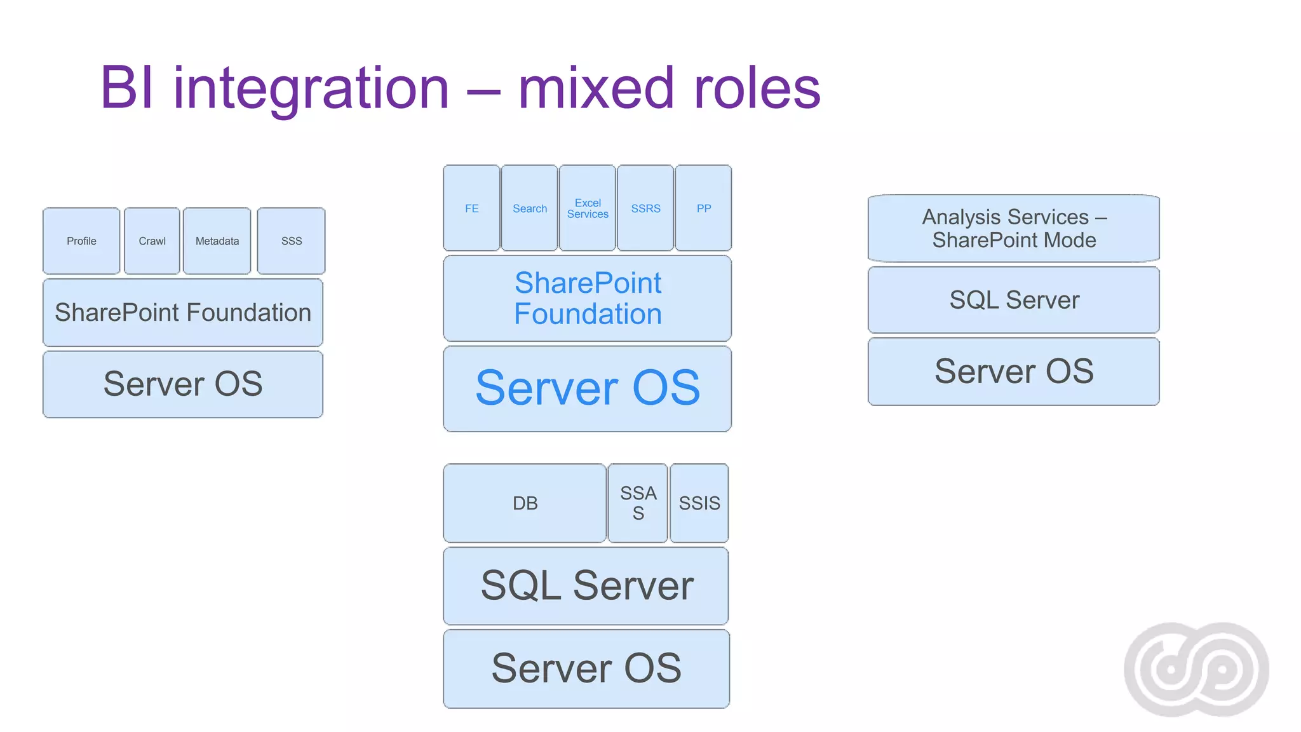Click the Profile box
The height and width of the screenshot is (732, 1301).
pyautogui.click(x=81, y=241)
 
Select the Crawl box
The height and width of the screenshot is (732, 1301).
pyautogui.click(x=152, y=241)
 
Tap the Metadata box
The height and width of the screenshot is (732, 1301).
pyautogui.click(x=217, y=241)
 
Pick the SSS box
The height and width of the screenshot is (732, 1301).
pyautogui.click(x=292, y=241)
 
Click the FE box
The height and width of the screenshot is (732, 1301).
pyautogui.click(x=471, y=208)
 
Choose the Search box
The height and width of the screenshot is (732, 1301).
pyautogui.click(x=530, y=208)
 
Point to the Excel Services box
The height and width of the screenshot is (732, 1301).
pyautogui.click(x=588, y=208)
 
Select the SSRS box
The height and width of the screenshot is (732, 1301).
pyautogui.click(x=645, y=208)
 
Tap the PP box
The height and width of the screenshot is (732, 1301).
pyautogui.click(x=703, y=208)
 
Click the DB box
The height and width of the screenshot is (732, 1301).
pyautogui.click(x=525, y=503)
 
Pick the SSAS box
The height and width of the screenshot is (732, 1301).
pyautogui.click(x=638, y=503)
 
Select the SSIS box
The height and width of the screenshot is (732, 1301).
pyautogui.click(x=699, y=503)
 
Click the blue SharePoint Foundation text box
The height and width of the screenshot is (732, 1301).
pyautogui.click(x=588, y=299)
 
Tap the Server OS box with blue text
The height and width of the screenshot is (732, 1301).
pyautogui.click(x=588, y=388)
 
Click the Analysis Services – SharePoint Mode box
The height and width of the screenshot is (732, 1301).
pyautogui.click(x=1014, y=229)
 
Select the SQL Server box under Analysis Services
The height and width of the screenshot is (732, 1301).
pyautogui.click(x=1014, y=300)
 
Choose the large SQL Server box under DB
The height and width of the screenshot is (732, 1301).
pyautogui.click(x=586, y=586)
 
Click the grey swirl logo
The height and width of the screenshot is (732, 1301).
pyautogui.click(x=1196, y=669)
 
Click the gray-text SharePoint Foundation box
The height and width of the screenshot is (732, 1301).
pyautogui.click(x=183, y=313)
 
